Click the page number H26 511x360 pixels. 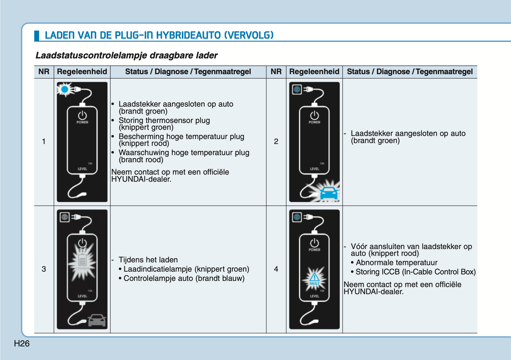tap(22, 343)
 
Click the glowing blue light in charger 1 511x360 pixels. tap(65, 89)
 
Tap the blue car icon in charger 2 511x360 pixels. tap(329, 193)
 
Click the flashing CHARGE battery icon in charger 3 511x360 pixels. tap(82, 262)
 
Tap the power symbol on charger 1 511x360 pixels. tap(82, 116)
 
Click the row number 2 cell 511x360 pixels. tap(276, 141)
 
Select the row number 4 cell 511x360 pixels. tap(276, 269)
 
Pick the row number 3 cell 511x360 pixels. tap(44, 269)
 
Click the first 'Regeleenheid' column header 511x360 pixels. tap(82, 72)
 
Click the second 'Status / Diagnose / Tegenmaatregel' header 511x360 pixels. tap(410, 72)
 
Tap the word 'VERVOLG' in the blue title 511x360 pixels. tap(249, 35)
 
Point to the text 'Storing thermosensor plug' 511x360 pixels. tap(164, 120)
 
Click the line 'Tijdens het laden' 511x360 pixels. tap(148, 260)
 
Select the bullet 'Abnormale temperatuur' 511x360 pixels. tap(396, 263)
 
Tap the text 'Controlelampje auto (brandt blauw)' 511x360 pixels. tap(184, 278)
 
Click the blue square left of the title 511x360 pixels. tap(36, 35)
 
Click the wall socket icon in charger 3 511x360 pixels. tap(65, 217)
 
